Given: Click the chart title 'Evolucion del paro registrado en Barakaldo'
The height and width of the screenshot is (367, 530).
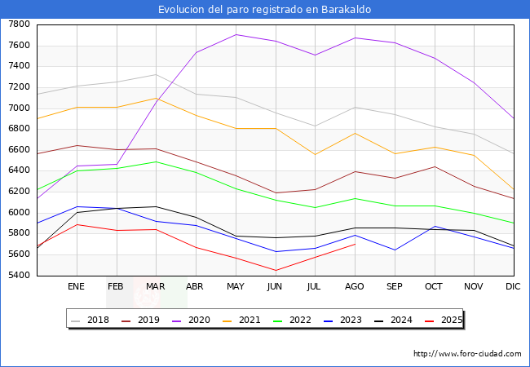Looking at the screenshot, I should [265, 9].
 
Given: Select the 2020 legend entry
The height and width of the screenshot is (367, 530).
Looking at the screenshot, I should [198, 320].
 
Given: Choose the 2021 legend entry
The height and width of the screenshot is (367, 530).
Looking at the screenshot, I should [249, 320].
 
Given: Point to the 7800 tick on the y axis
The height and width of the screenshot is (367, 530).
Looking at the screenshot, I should [19, 24].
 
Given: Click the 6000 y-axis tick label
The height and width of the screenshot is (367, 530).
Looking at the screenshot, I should [19, 212].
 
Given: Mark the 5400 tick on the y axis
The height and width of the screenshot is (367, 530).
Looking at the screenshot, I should [19, 275].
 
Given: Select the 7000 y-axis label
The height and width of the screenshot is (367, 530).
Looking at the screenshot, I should [19, 108].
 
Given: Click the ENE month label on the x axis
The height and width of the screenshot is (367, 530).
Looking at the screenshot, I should [76, 287].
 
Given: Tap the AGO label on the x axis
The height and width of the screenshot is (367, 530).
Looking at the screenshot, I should [355, 287].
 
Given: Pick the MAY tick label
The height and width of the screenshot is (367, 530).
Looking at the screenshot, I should [235, 287].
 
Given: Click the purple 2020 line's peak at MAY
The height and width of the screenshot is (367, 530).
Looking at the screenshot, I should [236, 34].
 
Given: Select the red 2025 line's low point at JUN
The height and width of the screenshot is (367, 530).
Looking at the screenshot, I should [276, 271].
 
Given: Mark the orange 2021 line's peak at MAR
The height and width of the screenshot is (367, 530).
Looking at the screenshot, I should [156, 98].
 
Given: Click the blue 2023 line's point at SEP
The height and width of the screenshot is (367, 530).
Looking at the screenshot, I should [395, 250].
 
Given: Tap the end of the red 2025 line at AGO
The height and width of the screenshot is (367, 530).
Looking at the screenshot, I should [355, 244].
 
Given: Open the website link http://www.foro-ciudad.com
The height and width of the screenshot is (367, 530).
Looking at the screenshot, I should [467, 354].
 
